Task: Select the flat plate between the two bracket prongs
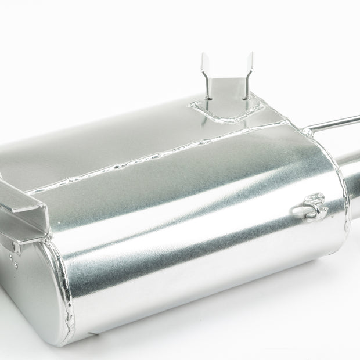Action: pos(227,87)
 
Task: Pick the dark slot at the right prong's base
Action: pos(243,100)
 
